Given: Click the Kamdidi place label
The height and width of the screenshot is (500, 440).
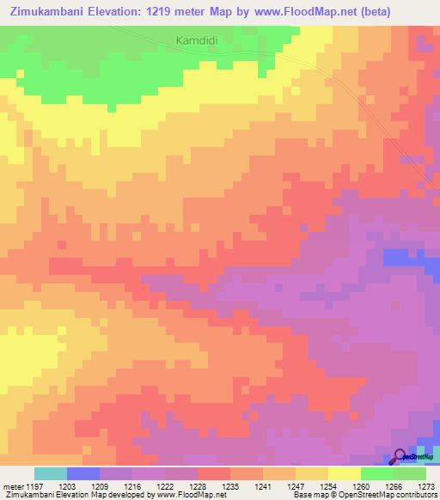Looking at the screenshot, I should coord(197,40).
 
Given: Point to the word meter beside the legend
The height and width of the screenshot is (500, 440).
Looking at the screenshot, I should coord(11,487).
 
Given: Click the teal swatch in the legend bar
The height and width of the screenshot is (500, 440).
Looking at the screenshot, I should coord(51,473).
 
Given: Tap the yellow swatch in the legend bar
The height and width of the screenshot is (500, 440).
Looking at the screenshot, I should coord(345,473).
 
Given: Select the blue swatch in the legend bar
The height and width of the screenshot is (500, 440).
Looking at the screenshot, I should coord(83,473).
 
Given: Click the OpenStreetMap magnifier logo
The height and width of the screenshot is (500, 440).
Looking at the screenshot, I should coord(400,456).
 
